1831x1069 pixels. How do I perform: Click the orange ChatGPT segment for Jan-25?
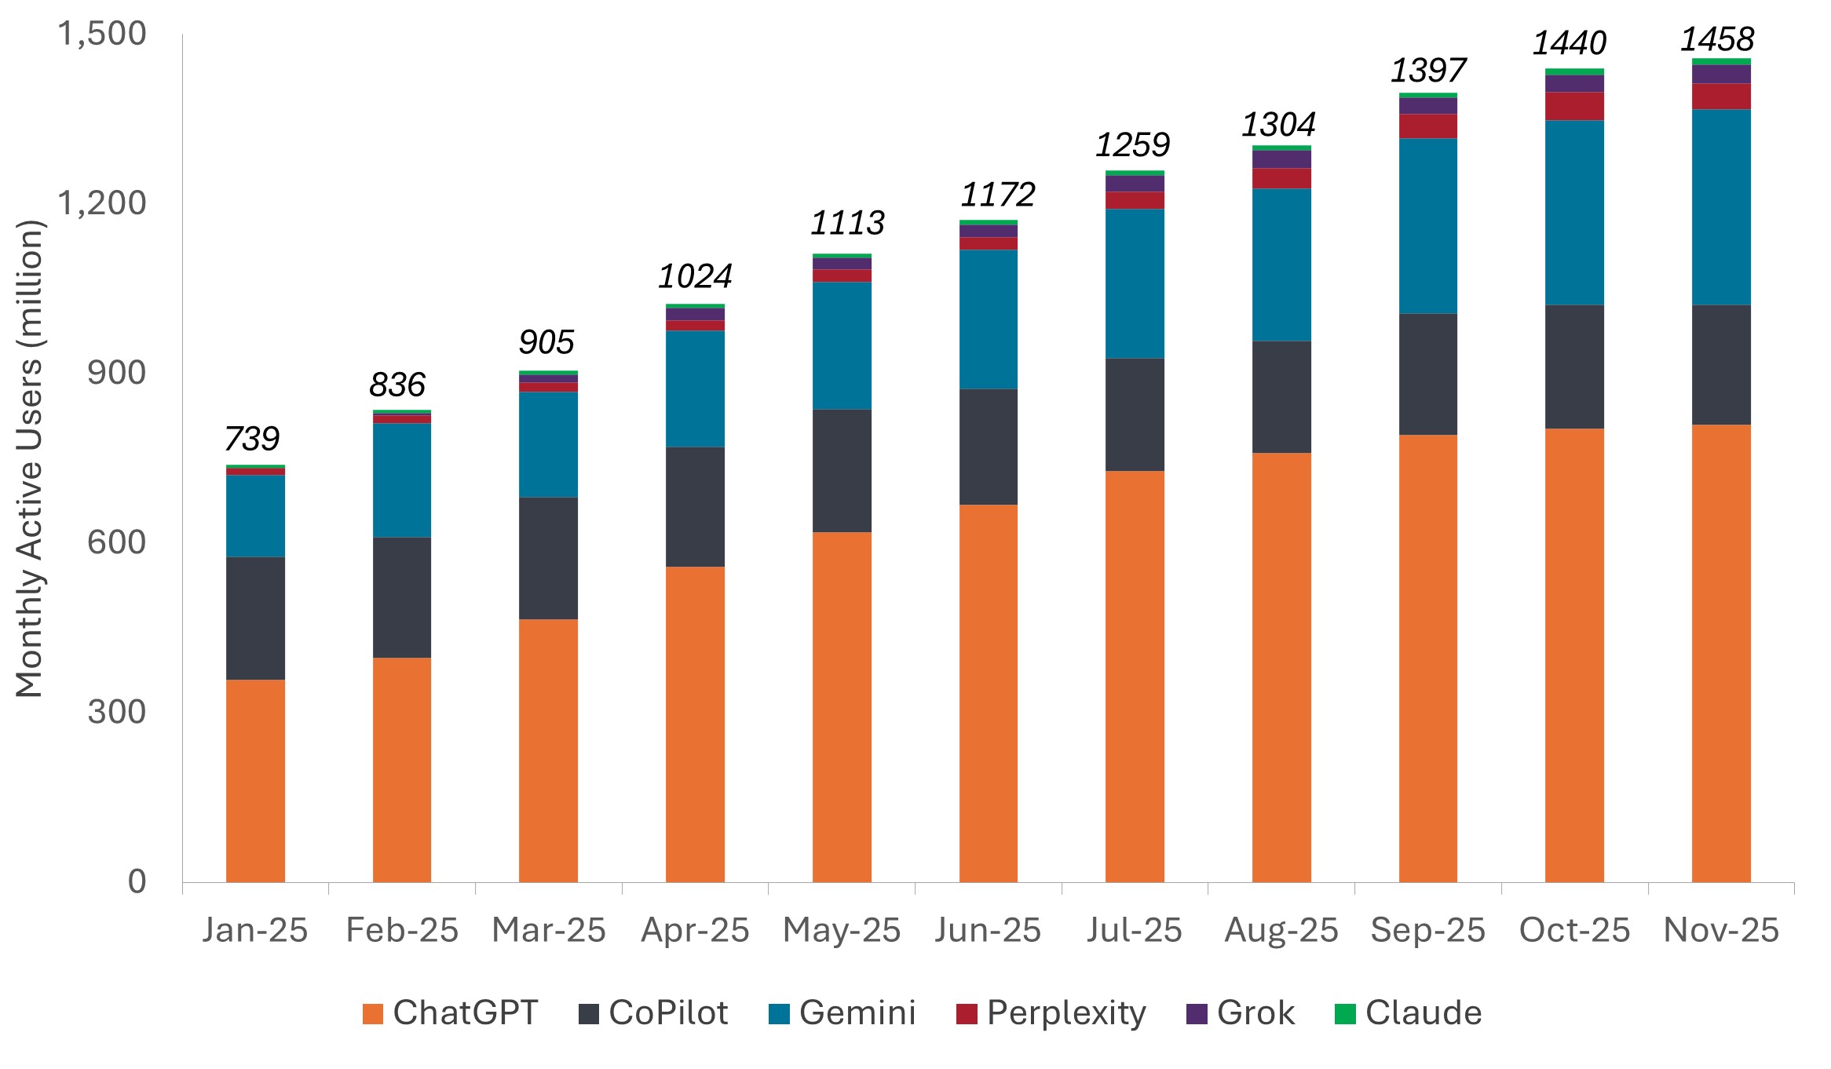point(255,780)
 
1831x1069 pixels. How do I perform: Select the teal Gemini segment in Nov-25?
point(1721,207)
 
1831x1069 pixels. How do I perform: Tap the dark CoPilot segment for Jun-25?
point(989,447)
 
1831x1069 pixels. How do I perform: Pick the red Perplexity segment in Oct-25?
point(1574,106)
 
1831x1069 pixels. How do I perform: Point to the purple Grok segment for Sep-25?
point(1428,106)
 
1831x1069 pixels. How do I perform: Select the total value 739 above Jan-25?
point(252,438)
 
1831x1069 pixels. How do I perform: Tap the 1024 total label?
point(695,276)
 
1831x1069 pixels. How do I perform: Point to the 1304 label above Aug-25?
point(1278,125)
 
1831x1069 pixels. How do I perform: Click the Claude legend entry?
point(1409,1012)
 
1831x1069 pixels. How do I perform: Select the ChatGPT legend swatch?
point(373,1014)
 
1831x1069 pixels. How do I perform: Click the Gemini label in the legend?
point(857,1012)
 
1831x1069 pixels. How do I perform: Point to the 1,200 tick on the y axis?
point(102,203)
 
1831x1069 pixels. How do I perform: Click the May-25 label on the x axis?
point(842,930)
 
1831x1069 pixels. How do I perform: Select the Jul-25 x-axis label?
point(1135,930)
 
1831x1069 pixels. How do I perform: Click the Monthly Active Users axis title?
point(30,459)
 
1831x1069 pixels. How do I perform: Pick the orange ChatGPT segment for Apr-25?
point(695,724)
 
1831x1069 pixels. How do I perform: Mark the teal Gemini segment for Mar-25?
point(548,444)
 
